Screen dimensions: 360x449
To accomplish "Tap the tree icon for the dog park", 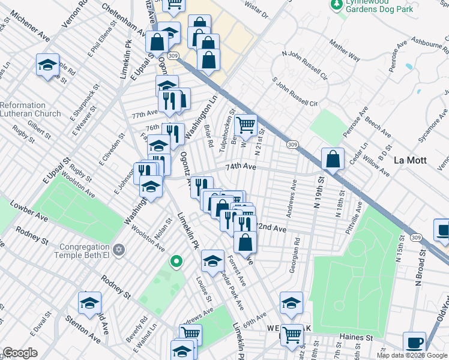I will [337, 5].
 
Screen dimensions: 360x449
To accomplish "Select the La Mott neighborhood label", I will [411, 160].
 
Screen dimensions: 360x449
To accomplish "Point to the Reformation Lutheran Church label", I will [30, 109].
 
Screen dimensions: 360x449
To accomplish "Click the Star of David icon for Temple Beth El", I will [119, 249].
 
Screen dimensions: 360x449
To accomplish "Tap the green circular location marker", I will [176, 261].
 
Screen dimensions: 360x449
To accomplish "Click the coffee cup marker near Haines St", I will [414, 343].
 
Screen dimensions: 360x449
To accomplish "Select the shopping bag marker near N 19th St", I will [333, 159].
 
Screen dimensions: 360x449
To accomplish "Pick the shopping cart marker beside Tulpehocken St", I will [246, 125].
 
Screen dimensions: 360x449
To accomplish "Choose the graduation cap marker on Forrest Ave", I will [212, 260].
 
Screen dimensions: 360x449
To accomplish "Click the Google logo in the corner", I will [20, 353].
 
